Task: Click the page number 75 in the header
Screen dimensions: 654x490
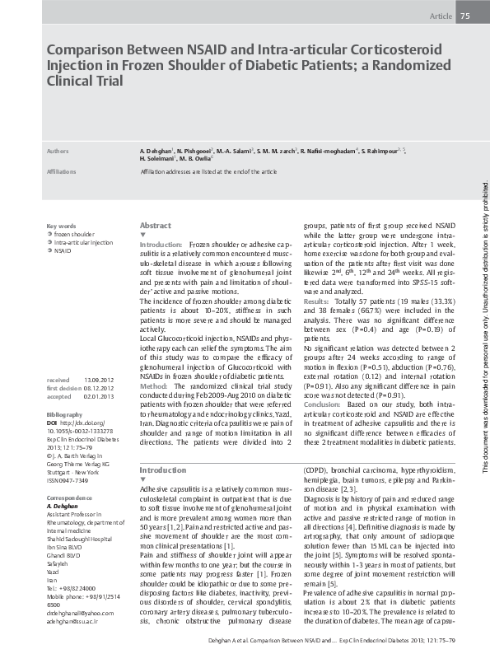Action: [x=464, y=16]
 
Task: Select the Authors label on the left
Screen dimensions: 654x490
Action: [x=58, y=152]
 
